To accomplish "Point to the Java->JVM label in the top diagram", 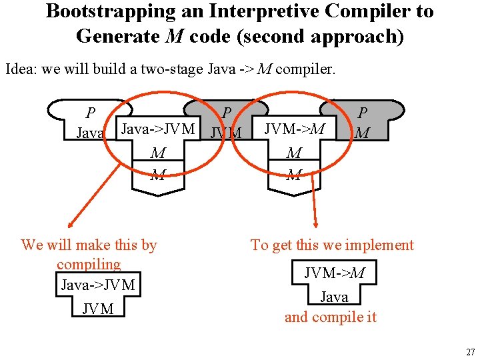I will pos(157,129).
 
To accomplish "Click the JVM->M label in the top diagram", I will pos(295,129).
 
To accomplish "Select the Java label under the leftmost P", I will pos(90,133).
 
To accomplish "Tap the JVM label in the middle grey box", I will pos(226,133).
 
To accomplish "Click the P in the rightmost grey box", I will pos(363,113).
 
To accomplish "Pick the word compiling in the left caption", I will pos(89,264).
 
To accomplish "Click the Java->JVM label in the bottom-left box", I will pos(98,285).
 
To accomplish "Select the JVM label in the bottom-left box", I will pos(98,308).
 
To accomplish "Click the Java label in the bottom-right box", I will pos(334,296).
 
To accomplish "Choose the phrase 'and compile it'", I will pos(331,317).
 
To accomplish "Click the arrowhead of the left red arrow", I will pos(70,225).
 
